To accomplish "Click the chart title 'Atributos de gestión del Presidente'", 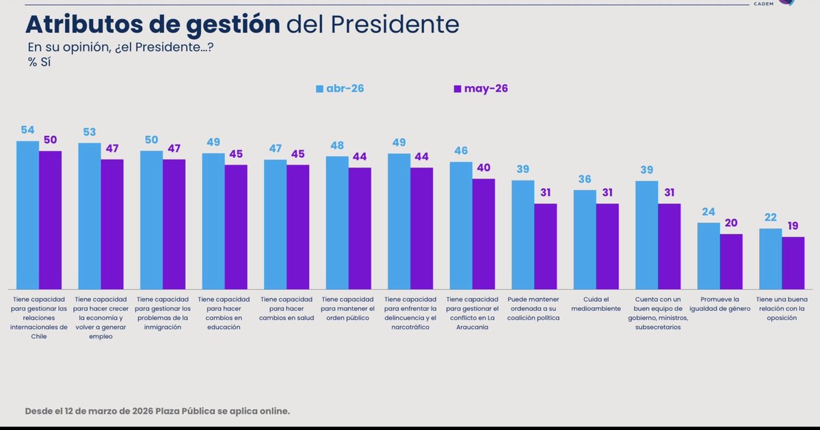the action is (x=242, y=24).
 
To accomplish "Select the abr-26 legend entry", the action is (x=340, y=88).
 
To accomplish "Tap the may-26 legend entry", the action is (x=481, y=88).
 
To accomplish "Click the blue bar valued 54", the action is (x=28, y=215).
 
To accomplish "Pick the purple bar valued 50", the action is (x=50, y=220).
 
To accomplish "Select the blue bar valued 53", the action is (x=90, y=216).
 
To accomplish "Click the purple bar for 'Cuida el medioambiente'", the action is (x=607, y=246).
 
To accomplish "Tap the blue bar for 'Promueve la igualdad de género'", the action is (x=709, y=256).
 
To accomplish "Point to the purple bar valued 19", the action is (x=793, y=263).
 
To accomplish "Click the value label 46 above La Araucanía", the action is (x=461, y=150).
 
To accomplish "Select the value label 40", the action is (x=484, y=167).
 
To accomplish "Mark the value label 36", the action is (x=585, y=179).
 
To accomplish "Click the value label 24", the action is (x=709, y=212).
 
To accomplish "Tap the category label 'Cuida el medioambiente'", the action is (x=596, y=304).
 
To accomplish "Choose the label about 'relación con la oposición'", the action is (x=782, y=309).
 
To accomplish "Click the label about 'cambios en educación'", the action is (x=224, y=314).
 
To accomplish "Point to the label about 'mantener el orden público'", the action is (x=348, y=309).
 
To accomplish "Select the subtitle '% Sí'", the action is (x=39, y=62).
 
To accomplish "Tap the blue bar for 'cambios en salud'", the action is (x=275, y=224).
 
